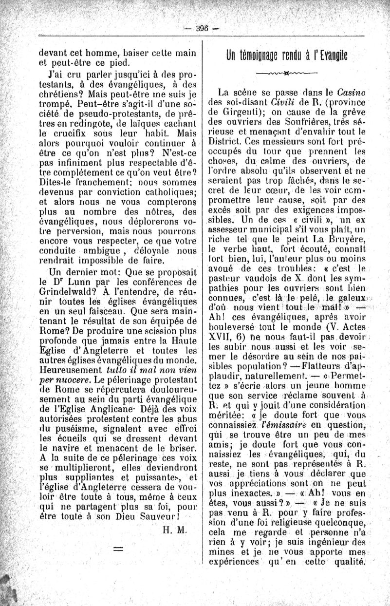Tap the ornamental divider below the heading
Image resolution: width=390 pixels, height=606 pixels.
point(286,74)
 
